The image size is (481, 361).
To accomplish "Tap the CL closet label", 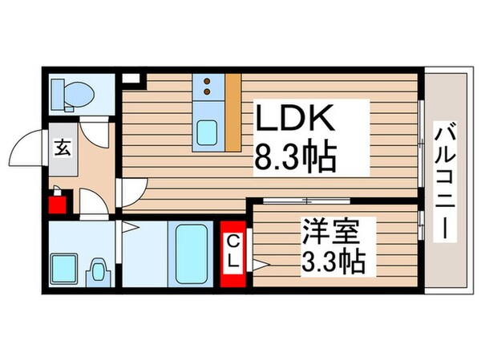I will pyautogui.click(x=232, y=250).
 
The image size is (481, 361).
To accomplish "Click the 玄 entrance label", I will pyautogui.click(x=62, y=148).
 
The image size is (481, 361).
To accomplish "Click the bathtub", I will pyautogui.click(x=191, y=250).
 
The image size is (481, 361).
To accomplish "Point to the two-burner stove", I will pyautogui.click(x=208, y=85).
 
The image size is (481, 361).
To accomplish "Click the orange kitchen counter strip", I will pyautogui.click(x=233, y=112).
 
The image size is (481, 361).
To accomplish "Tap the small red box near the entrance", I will pyautogui.click(x=56, y=201).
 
